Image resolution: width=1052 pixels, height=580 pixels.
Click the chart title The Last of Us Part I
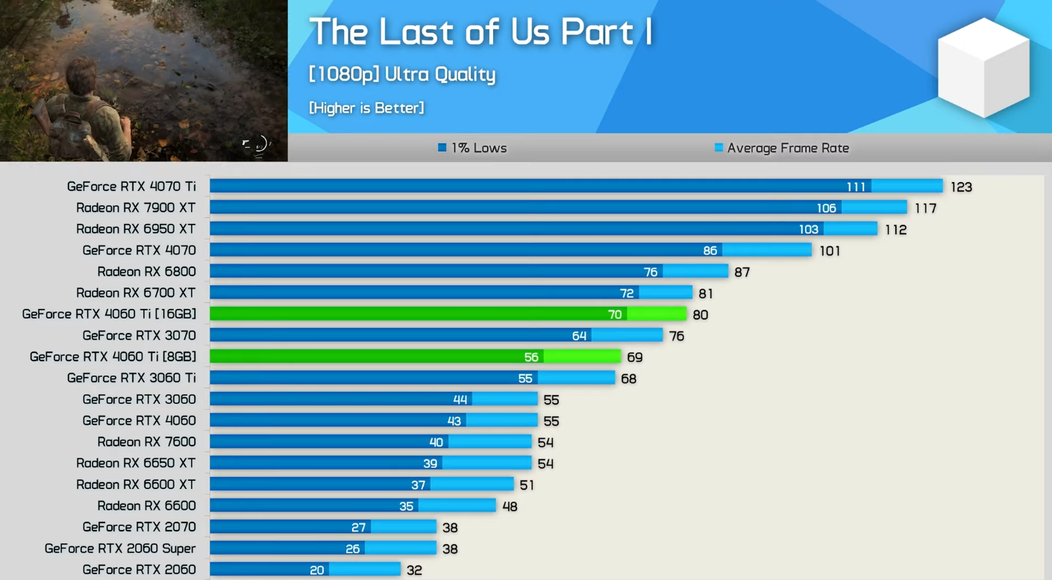pyautogui.click(x=480, y=33)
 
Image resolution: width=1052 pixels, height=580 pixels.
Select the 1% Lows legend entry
pyautogui.click(x=472, y=148)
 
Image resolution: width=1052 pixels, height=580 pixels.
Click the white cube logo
pyautogui.click(x=983, y=67)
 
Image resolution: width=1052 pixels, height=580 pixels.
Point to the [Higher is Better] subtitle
pyautogui.click(x=366, y=108)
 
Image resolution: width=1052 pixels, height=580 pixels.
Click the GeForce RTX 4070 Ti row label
pyautogui.click(x=131, y=187)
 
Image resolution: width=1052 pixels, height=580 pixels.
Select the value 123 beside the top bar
pyautogui.click(x=961, y=187)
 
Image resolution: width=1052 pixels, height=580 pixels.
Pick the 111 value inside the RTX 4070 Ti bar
pyautogui.click(x=856, y=187)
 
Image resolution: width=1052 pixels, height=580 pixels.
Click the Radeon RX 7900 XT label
pyautogui.click(x=136, y=208)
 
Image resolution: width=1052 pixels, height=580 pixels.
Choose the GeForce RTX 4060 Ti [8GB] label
pyautogui.click(x=113, y=357)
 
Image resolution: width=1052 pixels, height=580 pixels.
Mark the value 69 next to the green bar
pyautogui.click(x=635, y=358)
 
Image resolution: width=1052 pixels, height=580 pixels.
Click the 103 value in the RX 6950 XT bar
pyautogui.click(x=809, y=229)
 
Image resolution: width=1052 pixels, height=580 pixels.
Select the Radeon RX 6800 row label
pyautogui.click(x=146, y=272)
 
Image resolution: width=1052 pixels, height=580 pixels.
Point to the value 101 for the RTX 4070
pyautogui.click(x=830, y=251)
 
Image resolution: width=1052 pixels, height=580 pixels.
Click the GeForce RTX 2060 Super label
pyautogui.click(x=120, y=549)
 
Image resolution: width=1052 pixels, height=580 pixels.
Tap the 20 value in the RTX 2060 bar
pyautogui.click(x=317, y=570)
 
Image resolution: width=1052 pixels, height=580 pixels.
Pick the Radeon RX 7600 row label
pyautogui.click(x=146, y=442)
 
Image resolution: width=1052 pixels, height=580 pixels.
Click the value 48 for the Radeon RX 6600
pyautogui.click(x=510, y=507)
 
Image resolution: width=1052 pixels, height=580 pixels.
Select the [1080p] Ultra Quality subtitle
pyautogui.click(x=402, y=75)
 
